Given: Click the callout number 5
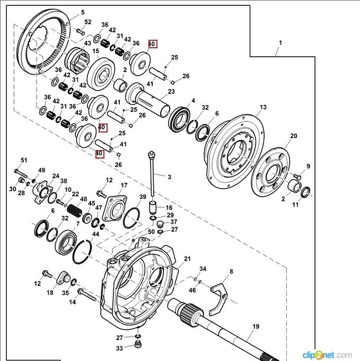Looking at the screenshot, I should click(x=82, y=12).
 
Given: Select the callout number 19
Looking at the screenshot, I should click(x=256, y=327).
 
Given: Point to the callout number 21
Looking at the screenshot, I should click(x=187, y=259).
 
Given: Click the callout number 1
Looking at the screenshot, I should click(x=280, y=42).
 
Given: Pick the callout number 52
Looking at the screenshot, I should click(x=87, y=22).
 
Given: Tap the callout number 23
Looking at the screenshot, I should click(x=171, y=92).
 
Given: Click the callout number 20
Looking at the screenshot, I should click(x=293, y=136).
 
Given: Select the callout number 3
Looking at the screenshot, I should click(x=170, y=177).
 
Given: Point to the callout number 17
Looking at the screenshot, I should click(x=124, y=186).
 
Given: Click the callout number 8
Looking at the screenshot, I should click(x=231, y=272).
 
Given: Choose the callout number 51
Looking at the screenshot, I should click(x=23, y=160).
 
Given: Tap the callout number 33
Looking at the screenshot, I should click(x=119, y=348).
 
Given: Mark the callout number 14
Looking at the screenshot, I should click(x=73, y=302).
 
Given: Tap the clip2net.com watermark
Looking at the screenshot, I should click(x=327, y=354).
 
